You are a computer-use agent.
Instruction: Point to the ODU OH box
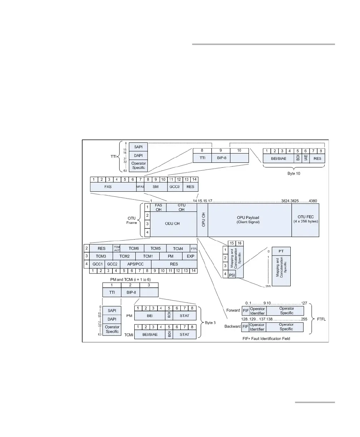point(174,224)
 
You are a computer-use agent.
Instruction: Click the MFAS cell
point(140,186)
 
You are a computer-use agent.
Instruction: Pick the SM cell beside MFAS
point(156,186)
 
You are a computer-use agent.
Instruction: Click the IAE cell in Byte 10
point(306,159)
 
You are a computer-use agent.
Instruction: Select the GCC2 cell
point(113,264)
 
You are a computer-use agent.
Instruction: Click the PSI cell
point(231,274)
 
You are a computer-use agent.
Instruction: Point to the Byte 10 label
point(294,172)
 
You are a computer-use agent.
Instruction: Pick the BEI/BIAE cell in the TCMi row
point(150,334)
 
